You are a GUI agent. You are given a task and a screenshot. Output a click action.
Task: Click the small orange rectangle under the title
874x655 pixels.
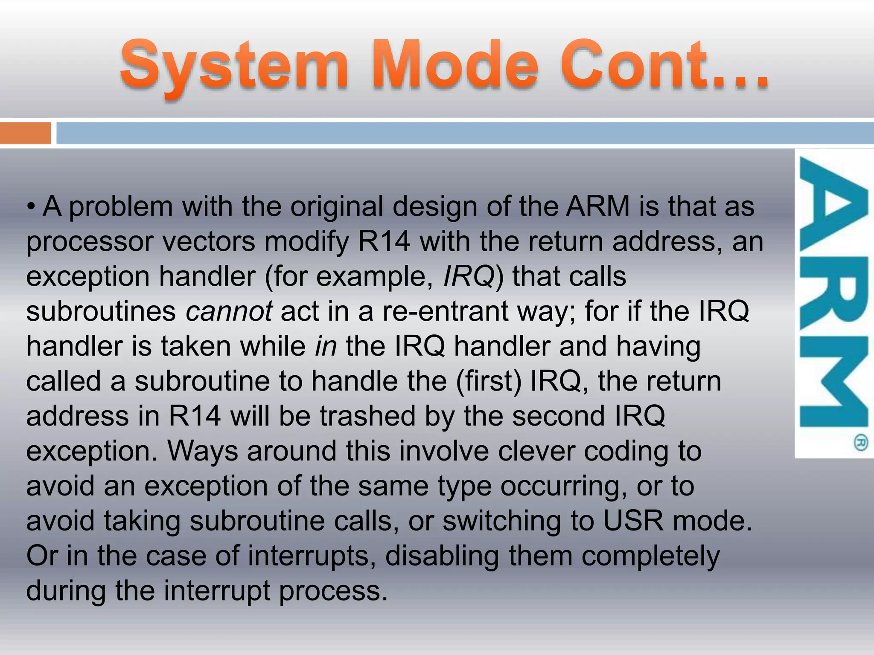click(x=25, y=133)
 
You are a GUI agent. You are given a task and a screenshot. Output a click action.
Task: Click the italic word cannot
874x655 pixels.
click(x=229, y=311)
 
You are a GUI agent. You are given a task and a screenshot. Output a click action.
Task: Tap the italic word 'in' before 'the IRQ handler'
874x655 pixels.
click(x=326, y=346)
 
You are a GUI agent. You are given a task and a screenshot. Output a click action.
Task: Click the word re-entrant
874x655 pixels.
click(x=445, y=311)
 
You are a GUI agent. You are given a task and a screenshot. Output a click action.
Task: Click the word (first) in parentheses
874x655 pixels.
click(x=489, y=381)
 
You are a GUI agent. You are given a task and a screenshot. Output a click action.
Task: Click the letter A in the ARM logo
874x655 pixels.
click(x=833, y=205)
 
